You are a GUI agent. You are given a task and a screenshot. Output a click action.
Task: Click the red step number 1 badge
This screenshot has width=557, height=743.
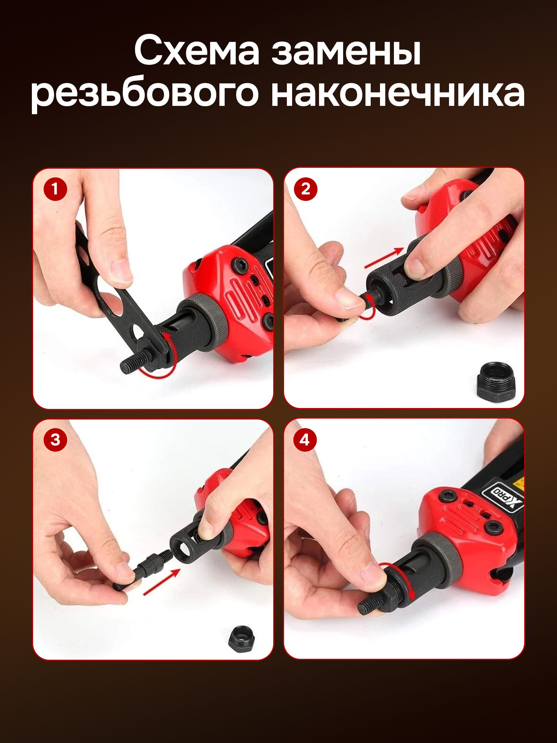click(55, 189)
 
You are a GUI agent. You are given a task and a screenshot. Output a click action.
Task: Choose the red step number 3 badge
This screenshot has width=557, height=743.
click(55, 440)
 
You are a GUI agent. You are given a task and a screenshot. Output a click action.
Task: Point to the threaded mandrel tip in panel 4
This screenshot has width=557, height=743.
click(371, 603)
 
